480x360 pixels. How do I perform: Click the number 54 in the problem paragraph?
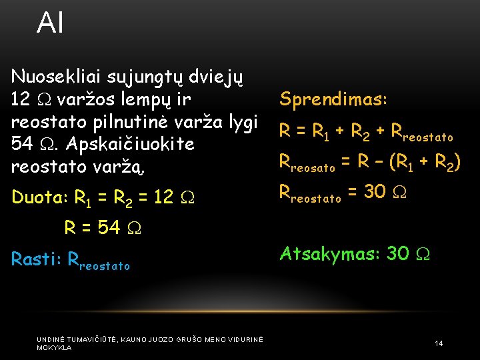[24, 144]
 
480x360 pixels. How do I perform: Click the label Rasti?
[37, 259]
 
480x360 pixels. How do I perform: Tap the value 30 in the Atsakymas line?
[398, 253]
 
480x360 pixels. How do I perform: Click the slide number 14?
[439, 343]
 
